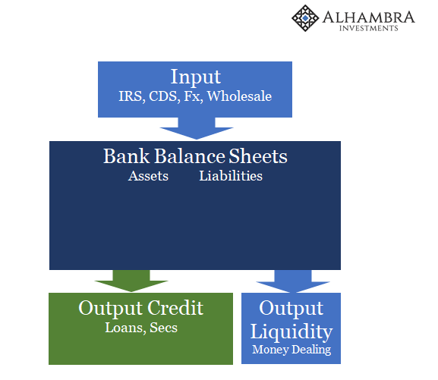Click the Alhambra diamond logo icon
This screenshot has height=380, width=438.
(x=305, y=18)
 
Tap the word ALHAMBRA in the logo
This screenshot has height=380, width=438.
(x=369, y=17)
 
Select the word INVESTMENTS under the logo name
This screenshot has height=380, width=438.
(x=369, y=28)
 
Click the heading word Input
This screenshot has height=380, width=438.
(x=196, y=77)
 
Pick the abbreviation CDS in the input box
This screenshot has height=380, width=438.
(x=164, y=96)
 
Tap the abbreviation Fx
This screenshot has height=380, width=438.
(x=194, y=96)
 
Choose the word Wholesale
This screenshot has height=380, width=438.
(x=239, y=96)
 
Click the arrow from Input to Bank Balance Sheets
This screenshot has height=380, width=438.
(x=197, y=128)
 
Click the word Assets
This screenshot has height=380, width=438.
(x=148, y=176)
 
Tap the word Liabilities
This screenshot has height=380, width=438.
(x=231, y=176)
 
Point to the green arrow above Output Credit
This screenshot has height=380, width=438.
(x=131, y=281)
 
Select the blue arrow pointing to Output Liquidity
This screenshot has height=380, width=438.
(x=293, y=281)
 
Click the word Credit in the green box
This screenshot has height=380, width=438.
(x=175, y=308)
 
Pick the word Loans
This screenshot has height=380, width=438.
(x=125, y=328)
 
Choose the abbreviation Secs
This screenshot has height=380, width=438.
(x=163, y=328)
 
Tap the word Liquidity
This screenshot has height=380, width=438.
(x=291, y=331)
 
